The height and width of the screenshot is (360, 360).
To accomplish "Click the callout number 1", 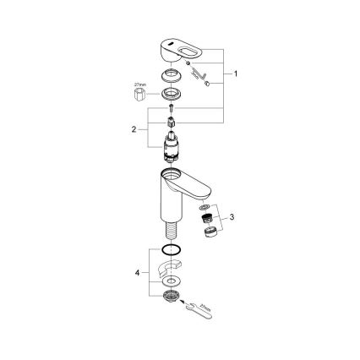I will (x=236, y=74).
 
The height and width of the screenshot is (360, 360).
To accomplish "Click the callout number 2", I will (x=133, y=129).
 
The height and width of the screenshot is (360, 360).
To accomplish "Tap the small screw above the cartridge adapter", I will (x=172, y=108).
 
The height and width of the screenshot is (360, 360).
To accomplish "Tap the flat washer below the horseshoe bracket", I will (x=172, y=281).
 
